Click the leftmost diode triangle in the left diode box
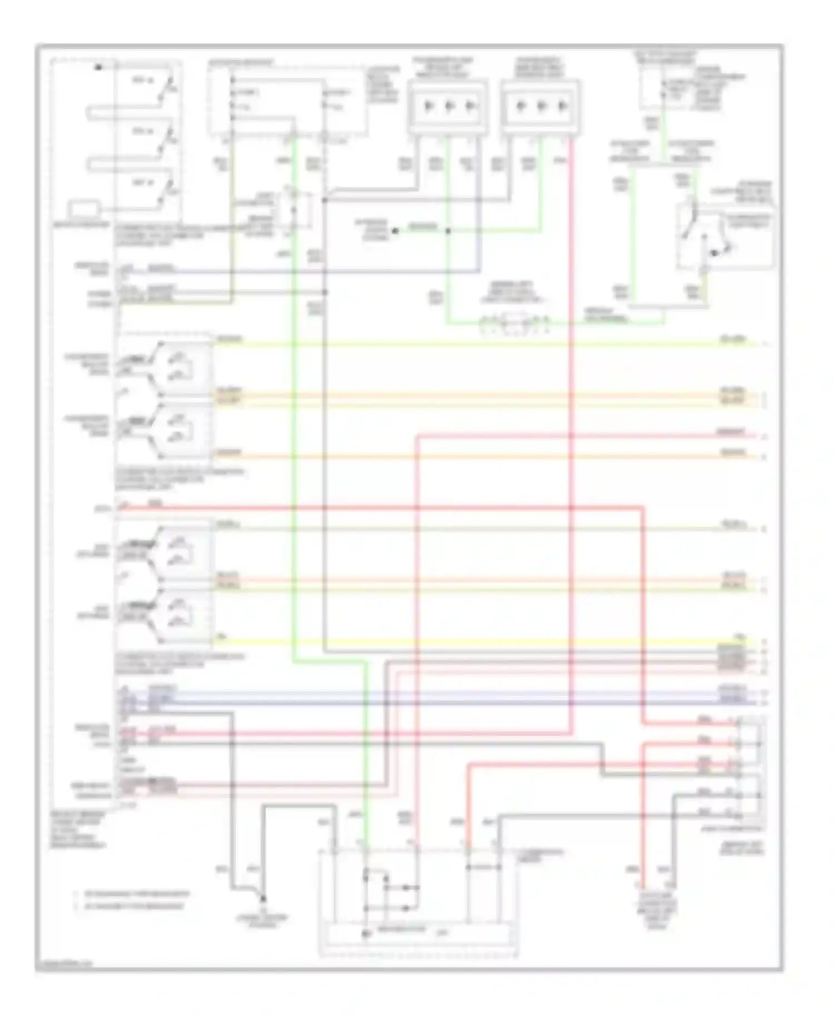point(427,106)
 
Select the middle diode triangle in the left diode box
point(449,106)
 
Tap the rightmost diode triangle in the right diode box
point(563,106)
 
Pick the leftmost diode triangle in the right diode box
point(520,106)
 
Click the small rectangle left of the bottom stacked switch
point(84,210)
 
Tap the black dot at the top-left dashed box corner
point(98,67)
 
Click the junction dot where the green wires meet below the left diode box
point(448,231)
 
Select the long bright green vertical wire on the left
point(293,445)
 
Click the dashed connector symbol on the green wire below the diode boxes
point(514,322)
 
